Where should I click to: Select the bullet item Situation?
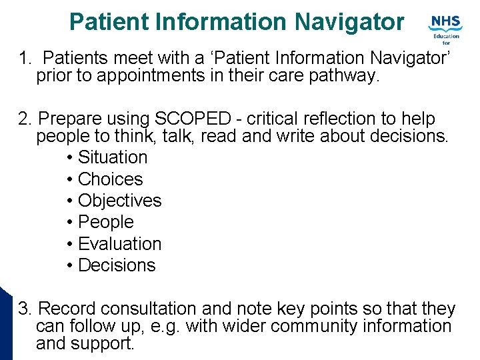pyautogui.click(x=113, y=157)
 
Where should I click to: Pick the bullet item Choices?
pyautogui.click(x=110, y=179)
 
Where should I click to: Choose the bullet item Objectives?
pyautogui.click(x=119, y=201)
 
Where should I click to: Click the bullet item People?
pyautogui.click(x=105, y=222)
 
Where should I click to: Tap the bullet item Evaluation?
pyautogui.click(x=119, y=244)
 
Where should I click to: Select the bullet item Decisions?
pyautogui.click(x=117, y=265)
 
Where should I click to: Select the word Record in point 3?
pyautogui.click(x=67, y=309)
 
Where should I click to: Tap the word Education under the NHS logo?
pyautogui.click(x=446, y=37)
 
